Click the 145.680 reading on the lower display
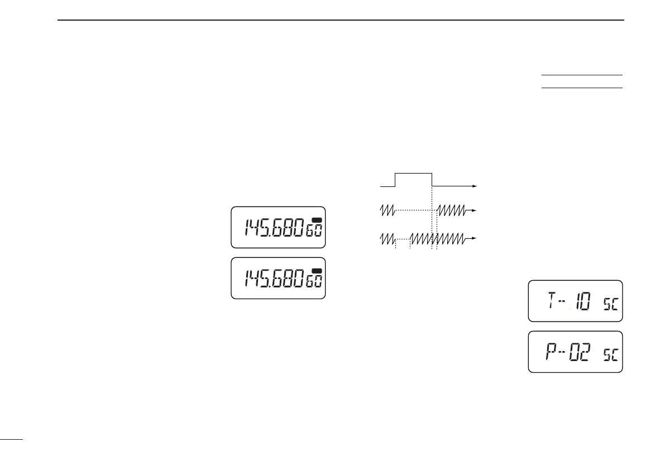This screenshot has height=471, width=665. pyautogui.click(x=274, y=278)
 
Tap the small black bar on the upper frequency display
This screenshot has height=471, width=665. pyautogui.click(x=317, y=219)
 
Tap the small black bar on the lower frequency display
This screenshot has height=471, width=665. pyautogui.click(x=317, y=271)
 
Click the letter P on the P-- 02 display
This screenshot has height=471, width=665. pyautogui.click(x=551, y=353)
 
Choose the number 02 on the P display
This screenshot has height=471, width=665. pyautogui.click(x=579, y=353)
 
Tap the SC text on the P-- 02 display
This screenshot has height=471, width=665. pyautogui.click(x=610, y=356)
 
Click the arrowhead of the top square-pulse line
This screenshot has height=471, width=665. pyautogui.click(x=475, y=185)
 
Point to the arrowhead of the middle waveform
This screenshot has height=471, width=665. pyautogui.click(x=475, y=210)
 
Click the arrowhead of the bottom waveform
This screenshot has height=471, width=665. pyautogui.click(x=475, y=238)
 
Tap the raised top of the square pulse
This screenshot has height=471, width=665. pyautogui.click(x=414, y=174)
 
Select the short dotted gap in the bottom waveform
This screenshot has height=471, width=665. pyautogui.click(x=403, y=238)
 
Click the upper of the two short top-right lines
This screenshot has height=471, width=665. pyautogui.click(x=581, y=75)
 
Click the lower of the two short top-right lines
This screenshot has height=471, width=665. pyautogui.click(x=581, y=88)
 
